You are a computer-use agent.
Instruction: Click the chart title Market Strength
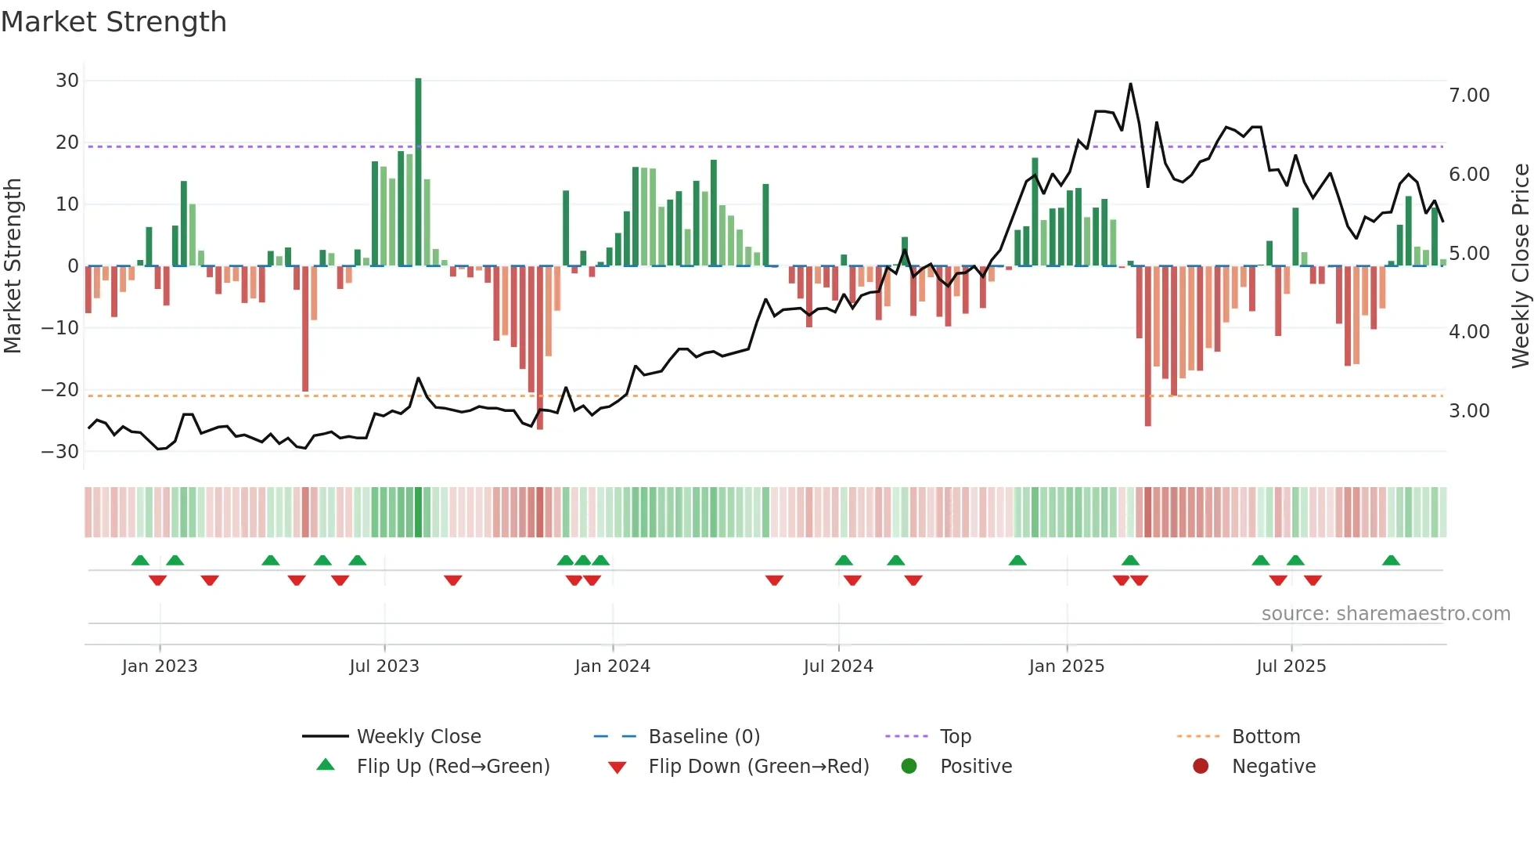click(113, 22)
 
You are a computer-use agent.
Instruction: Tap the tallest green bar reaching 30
click(418, 172)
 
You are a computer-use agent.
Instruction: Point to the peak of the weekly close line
click(1130, 85)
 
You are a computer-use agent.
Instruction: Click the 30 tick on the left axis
click(67, 81)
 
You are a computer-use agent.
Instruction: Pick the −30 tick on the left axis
click(60, 452)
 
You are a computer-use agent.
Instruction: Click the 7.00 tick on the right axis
click(1469, 96)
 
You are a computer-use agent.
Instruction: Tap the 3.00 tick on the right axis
click(1469, 411)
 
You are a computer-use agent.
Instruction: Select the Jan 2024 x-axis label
click(612, 666)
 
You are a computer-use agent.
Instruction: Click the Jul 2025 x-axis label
click(1291, 666)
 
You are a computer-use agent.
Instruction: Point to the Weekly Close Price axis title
click(1520, 266)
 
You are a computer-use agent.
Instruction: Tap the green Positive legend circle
click(909, 766)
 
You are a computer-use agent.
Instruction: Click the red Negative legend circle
click(1201, 766)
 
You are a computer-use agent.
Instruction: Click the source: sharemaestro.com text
click(1385, 614)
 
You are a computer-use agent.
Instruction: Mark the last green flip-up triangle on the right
click(1391, 561)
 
